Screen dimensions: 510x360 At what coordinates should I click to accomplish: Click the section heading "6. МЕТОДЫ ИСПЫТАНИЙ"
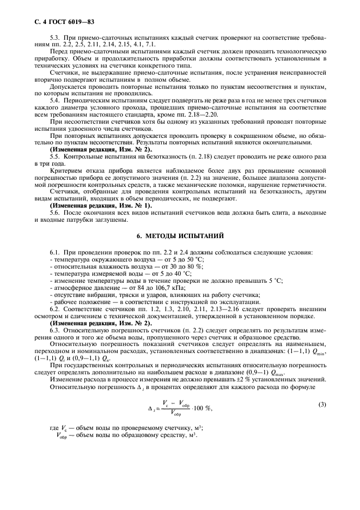180,236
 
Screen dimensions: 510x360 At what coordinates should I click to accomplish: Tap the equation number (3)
322,405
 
